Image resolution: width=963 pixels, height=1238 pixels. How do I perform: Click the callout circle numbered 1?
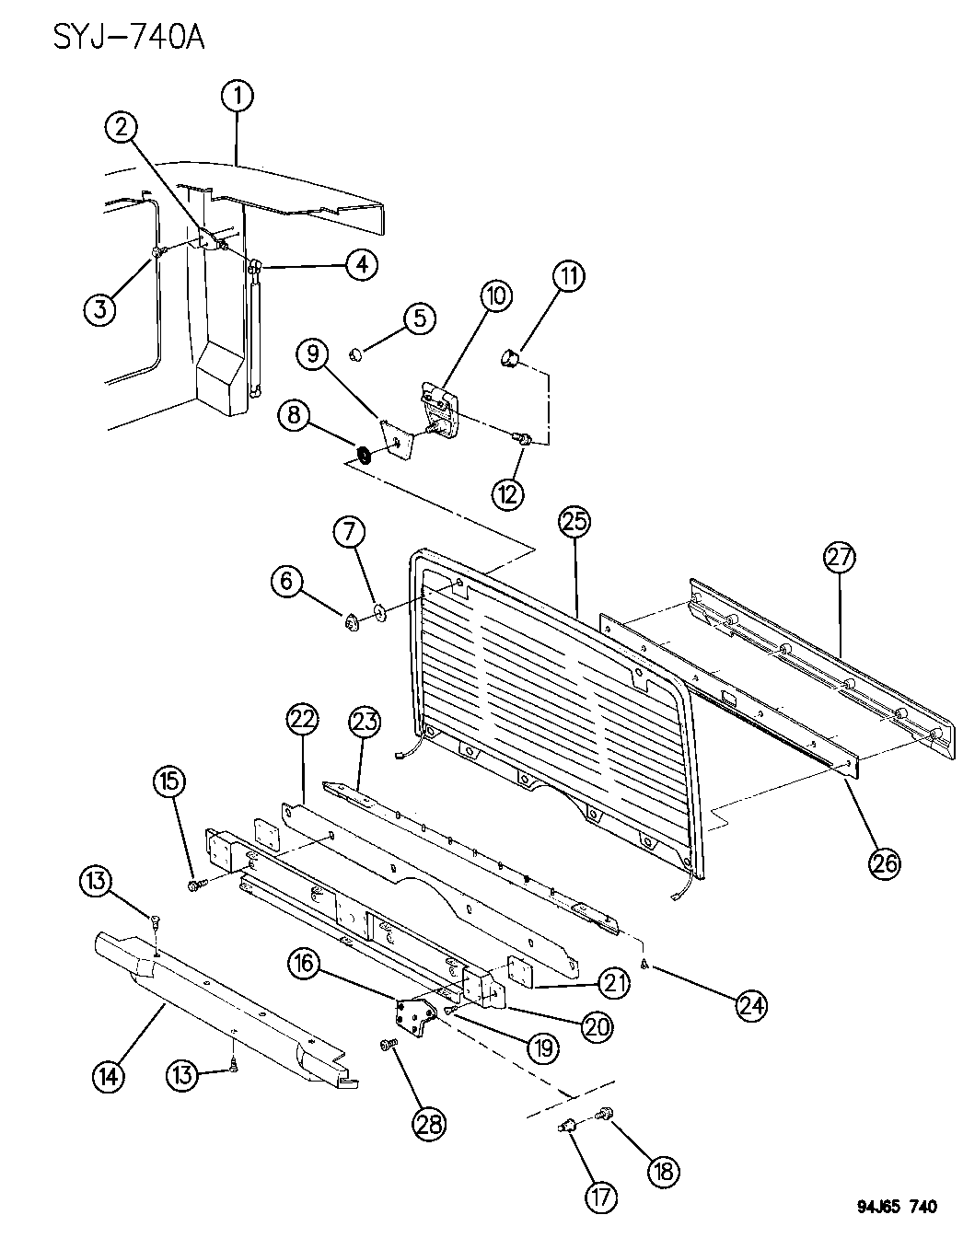[x=238, y=95]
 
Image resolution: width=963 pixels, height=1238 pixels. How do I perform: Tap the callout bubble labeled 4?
[x=361, y=265]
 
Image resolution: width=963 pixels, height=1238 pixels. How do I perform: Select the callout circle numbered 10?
[x=495, y=296]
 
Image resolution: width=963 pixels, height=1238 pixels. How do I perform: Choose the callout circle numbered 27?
[x=840, y=558]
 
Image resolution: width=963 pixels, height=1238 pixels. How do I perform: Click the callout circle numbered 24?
[x=750, y=1005]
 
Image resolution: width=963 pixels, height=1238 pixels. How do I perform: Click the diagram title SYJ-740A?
[x=127, y=38]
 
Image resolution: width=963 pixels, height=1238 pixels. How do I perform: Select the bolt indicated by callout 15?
[x=196, y=885]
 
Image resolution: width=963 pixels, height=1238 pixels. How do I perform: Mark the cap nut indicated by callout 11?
[x=511, y=354]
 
